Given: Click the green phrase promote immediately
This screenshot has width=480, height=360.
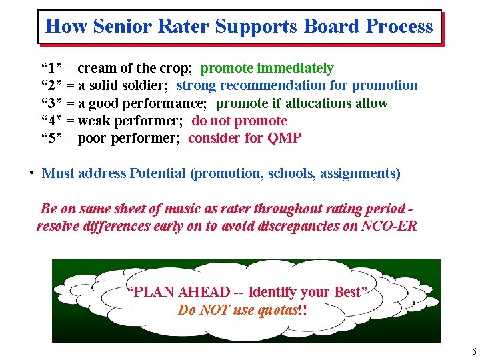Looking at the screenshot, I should pos(267,68).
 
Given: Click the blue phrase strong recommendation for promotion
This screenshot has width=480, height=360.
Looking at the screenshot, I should pos(297,85).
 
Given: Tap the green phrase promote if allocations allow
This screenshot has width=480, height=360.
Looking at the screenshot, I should pos(301,103).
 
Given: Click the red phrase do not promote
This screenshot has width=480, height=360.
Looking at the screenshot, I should pos(239,121).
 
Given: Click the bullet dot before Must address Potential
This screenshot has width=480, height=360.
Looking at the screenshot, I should pos(31,173).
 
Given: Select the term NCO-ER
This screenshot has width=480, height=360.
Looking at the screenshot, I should pos(389,226).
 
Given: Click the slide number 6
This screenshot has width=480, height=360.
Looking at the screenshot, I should pos(473,352).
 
